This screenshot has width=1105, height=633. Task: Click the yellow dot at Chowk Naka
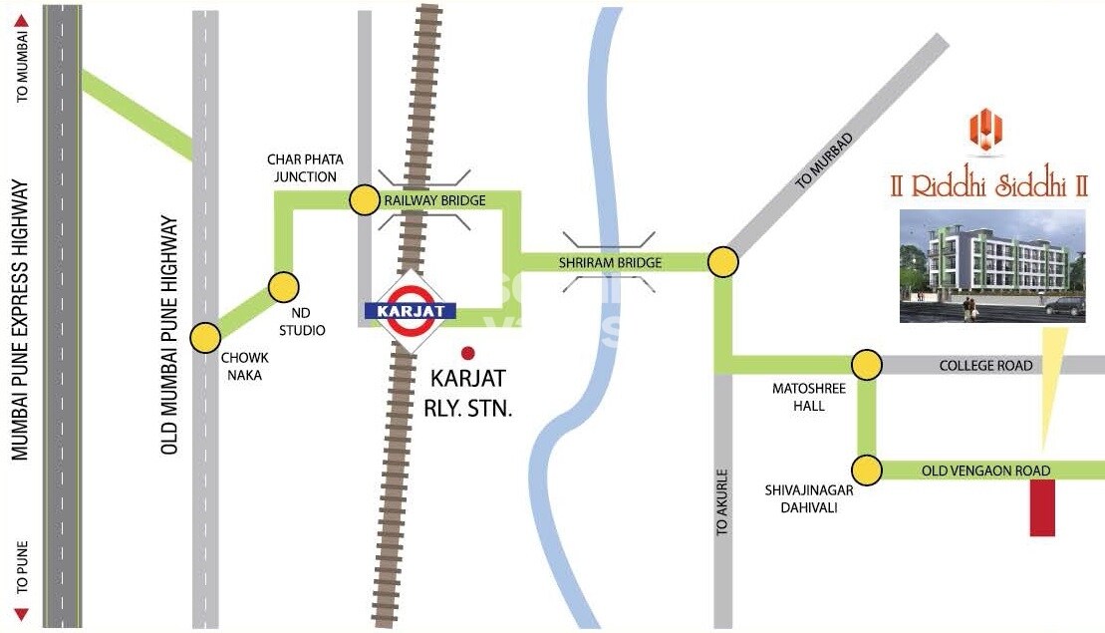click(205, 337)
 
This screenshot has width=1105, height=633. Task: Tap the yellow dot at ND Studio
click(284, 287)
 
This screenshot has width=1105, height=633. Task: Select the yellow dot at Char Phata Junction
click(365, 199)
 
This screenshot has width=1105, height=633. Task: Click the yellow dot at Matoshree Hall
click(867, 366)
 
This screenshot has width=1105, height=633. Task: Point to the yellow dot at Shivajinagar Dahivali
click(867, 469)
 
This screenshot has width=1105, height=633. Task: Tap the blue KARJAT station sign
click(411, 310)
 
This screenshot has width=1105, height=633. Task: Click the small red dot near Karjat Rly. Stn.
click(468, 352)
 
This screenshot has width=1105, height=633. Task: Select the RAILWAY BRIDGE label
click(435, 200)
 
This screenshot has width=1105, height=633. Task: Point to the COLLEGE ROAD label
click(985, 366)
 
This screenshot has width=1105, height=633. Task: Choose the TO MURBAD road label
click(825, 159)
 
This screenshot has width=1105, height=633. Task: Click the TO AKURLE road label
click(723, 503)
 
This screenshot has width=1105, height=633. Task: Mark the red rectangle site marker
click(1042, 507)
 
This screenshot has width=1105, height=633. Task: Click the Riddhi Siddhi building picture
click(992, 266)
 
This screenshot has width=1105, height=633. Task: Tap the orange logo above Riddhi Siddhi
click(985, 132)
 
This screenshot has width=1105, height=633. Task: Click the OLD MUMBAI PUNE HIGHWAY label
click(168, 336)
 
